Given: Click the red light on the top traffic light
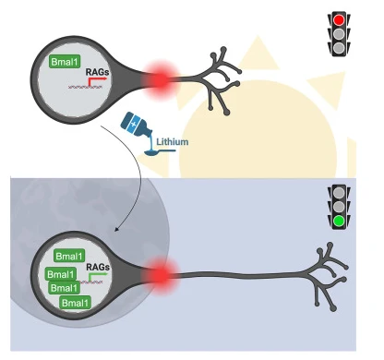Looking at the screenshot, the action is (339, 20).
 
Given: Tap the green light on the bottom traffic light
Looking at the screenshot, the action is (339, 221).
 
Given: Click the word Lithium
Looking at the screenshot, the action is (173, 142).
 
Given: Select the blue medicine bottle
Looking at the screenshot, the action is (136, 125).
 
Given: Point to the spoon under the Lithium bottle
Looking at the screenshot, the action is (160, 151).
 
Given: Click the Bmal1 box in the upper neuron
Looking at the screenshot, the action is (65, 62).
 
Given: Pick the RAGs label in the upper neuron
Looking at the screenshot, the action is (97, 72).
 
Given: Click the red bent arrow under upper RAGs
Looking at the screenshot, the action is (96, 81).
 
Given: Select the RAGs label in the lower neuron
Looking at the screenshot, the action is (98, 267).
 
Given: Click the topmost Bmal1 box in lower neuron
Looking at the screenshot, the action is (69, 256).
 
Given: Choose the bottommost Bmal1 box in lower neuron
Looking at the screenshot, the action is (76, 303).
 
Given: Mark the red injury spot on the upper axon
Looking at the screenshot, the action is (161, 79).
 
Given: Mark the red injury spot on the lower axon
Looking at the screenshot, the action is (161, 275).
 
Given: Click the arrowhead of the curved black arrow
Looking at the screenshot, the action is (116, 229).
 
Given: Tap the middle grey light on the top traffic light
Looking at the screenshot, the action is (339, 33).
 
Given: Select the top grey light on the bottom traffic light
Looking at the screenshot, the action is (339, 192).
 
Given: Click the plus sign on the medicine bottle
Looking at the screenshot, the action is (133, 124).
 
